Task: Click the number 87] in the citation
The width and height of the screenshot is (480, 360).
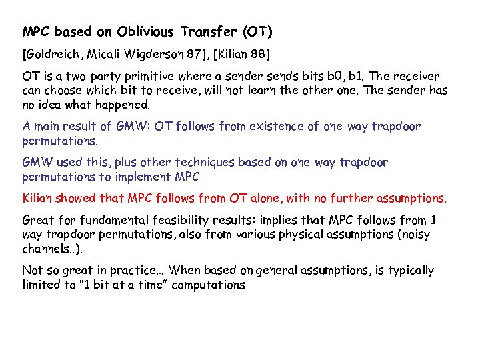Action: point(200,53)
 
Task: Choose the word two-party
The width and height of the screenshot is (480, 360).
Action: point(89,76)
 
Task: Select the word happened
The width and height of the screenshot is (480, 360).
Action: point(128,105)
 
